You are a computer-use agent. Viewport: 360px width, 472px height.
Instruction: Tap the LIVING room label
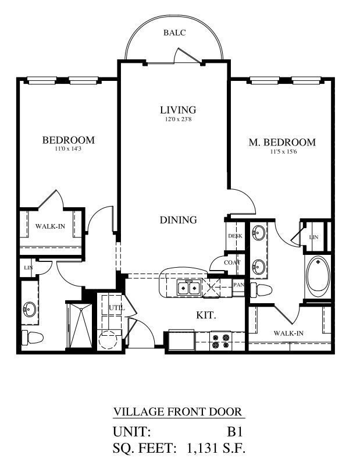click(178, 109)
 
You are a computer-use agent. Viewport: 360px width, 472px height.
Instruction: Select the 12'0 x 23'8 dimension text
click(178, 120)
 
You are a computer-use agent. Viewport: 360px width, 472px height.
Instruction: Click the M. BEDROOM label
click(282, 142)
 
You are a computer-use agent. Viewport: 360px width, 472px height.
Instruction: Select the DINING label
click(179, 220)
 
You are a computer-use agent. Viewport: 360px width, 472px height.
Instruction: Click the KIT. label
click(206, 315)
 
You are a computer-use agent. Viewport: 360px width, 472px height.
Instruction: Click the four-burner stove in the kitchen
click(221, 340)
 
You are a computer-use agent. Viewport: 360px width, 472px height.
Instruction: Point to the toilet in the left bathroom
click(31, 337)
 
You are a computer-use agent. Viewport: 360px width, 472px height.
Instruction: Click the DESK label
click(235, 236)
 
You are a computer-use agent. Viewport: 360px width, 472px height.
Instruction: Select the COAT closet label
click(232, 262)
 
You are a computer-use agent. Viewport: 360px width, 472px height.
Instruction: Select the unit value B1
click(234, 432)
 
